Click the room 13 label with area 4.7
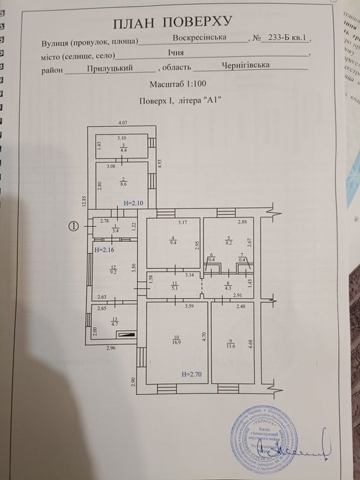(114, 322)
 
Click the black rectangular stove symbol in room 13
(126, 335)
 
